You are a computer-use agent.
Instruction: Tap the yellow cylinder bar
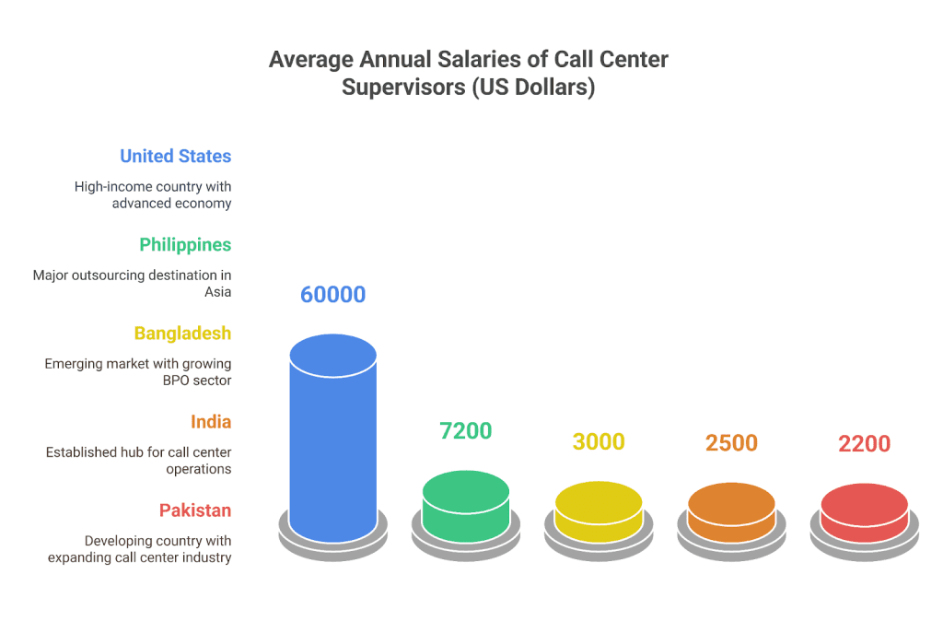599,510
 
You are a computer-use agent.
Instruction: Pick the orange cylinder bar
731,512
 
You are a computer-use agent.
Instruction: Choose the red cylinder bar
864,513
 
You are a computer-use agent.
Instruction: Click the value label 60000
332,295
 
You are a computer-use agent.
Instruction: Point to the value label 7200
466,430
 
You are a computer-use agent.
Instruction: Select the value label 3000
599,441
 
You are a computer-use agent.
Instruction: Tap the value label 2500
731,442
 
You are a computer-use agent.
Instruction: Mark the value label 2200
864,444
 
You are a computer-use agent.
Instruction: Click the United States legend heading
175,156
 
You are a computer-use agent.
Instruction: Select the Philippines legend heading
185,244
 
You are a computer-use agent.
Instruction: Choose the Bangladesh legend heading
182,333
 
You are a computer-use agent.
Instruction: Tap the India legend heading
211,421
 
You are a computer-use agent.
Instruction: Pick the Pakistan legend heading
194,510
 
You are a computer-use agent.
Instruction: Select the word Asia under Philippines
217,291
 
